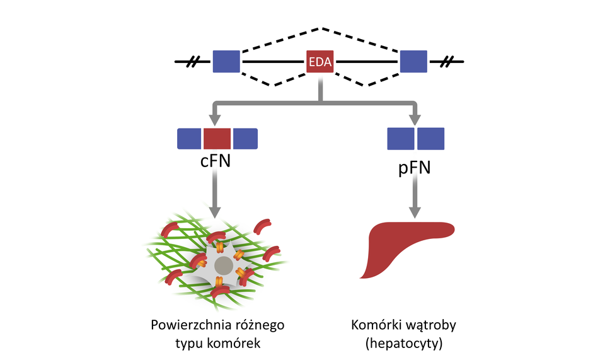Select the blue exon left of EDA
pos(226,62)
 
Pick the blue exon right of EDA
pos(413,62)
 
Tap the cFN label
pos(215,161)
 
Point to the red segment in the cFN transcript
pos(217,139)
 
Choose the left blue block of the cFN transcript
pos(189,139)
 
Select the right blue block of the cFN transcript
pos(245,139)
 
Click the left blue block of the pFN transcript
pos(400,139)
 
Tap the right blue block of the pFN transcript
pos(430,139)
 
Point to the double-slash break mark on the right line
pos(447,62)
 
